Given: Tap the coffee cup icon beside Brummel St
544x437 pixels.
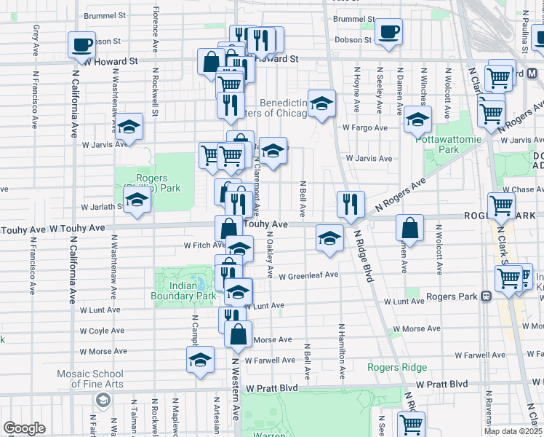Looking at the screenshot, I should point(388,31).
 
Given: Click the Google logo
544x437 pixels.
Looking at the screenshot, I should point(24,428).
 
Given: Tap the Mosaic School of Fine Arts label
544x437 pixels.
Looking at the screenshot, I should point(90,379).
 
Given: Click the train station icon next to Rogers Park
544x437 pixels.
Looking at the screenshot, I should point(486,296).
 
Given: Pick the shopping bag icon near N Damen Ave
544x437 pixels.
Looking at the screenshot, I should point(410,227).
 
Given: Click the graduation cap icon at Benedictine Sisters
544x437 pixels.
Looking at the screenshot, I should point(321,103).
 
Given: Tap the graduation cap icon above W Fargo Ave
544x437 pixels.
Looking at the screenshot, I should point(417,119).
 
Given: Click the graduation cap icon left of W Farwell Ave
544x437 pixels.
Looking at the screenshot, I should point(200,361).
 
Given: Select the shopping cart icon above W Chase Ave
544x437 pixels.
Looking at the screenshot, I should point(503,205).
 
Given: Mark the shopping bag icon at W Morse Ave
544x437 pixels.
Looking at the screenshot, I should point(238,335).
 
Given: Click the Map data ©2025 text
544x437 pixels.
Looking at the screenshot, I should point(512,431).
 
